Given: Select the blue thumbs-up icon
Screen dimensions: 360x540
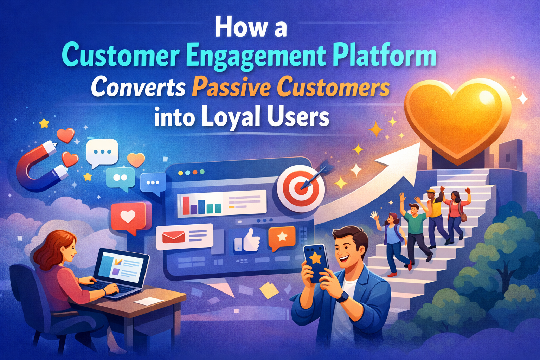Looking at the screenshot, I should (x=247, y=240).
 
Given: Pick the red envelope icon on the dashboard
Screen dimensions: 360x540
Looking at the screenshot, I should (x=174, y=237).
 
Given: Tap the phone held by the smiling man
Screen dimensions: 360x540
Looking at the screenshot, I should (x=315, y=262).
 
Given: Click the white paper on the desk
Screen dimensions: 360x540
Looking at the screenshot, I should (x=148, y=301).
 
